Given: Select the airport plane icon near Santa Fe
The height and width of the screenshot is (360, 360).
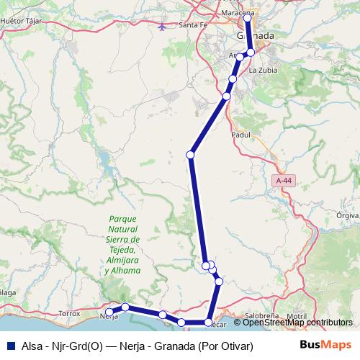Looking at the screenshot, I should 163,27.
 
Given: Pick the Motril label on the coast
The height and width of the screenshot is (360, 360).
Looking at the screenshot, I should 295,316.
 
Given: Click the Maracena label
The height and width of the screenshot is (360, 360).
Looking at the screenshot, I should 240,14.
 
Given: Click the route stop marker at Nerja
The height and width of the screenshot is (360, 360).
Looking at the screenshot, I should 109,312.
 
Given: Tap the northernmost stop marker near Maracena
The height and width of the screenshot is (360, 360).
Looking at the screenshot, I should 247,17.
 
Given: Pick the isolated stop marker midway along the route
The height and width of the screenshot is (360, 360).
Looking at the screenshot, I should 191,154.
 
